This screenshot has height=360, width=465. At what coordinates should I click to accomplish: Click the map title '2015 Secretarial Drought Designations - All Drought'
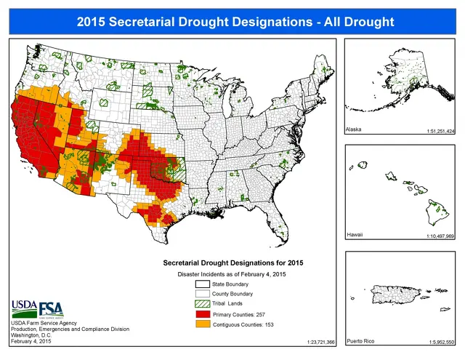coord(232,20)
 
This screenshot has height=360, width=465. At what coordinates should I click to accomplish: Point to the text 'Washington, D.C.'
coord(33,335)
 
